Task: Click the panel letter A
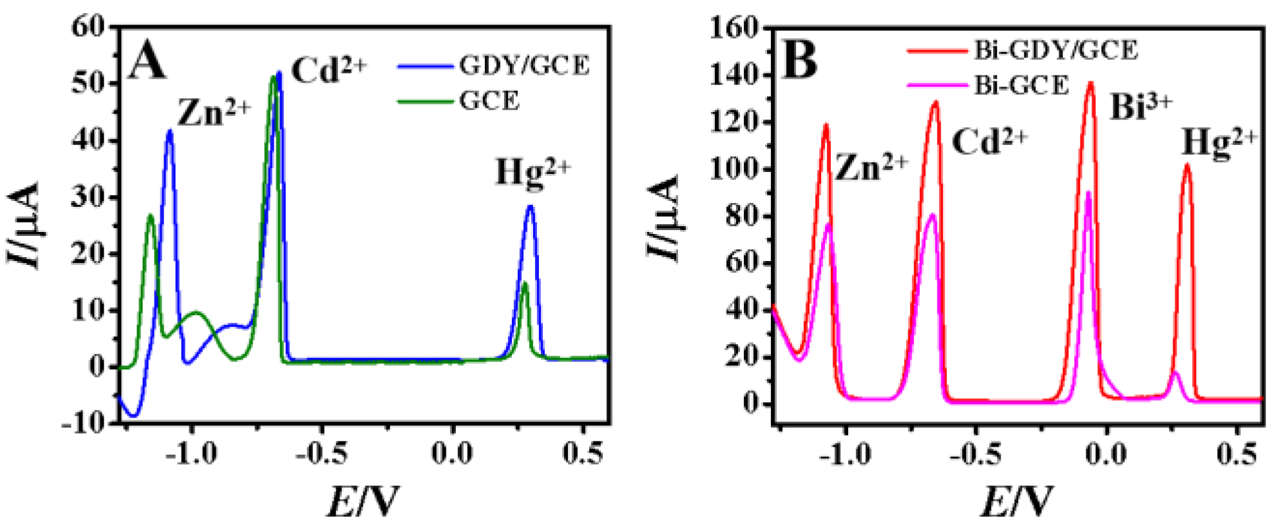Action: coord(147,63)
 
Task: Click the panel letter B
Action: coord(799,60)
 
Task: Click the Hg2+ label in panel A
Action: coord(533,173)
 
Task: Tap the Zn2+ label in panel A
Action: coord(213,113)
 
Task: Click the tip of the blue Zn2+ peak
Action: coord(169,131)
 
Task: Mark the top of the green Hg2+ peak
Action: coord(524,284)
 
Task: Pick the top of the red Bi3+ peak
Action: coord(1090,82)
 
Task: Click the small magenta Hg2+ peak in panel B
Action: coord(1175,373)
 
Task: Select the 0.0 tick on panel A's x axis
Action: coord(452,454)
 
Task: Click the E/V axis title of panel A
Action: coord(362,501)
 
